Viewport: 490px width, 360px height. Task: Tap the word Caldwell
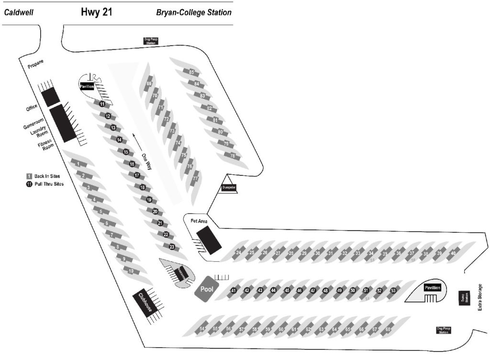[x=18, y=13]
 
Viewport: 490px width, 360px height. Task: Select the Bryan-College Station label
[x=194, y=13]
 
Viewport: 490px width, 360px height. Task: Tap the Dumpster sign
[x=228, y=188]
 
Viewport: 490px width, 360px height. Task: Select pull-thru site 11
[x=102, y=104]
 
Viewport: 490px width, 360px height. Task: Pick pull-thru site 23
[x=172, y=247]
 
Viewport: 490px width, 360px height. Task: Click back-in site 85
[x=191, y=72]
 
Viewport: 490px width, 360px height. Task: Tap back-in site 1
[x=77, y=164]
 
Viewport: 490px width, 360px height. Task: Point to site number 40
[x=453, y=253]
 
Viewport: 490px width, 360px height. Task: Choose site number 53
[x=393, y=290]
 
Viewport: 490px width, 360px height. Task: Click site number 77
[x=195, y=178]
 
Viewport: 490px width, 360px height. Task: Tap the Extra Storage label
[x=480, y=297]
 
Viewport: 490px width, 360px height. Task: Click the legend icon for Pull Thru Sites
[x=29, y=184]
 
